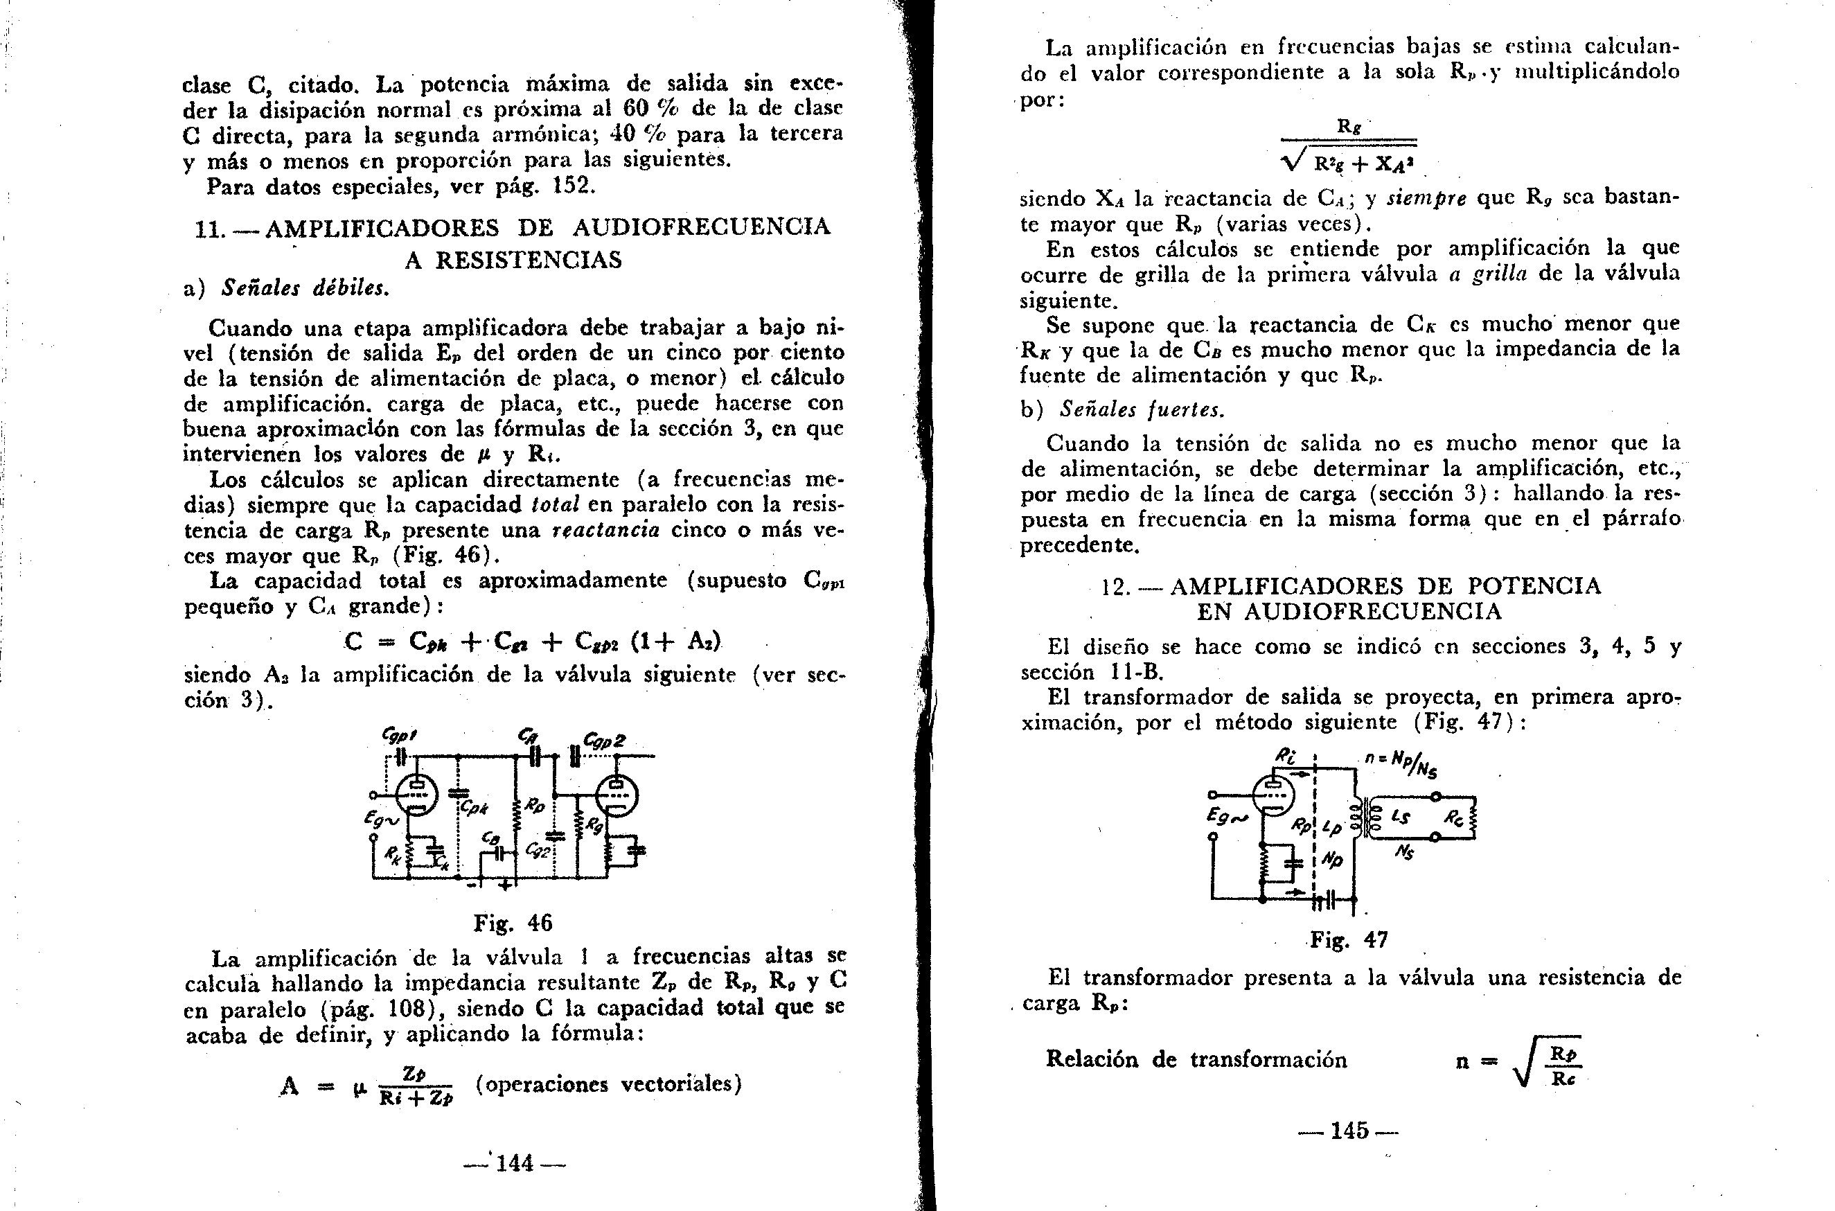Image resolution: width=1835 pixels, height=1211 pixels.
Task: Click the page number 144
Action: click(x=515, y=1163)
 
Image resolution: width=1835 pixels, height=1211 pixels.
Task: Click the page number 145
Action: click(x=1349, y=1131)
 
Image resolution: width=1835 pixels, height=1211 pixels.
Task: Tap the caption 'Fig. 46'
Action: click(x=513, y=923)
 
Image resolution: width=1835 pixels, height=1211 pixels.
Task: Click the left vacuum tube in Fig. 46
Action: click(x=416, y=794)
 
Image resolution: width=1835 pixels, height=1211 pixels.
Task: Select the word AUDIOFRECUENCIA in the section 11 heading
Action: click(x=701, y=227)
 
